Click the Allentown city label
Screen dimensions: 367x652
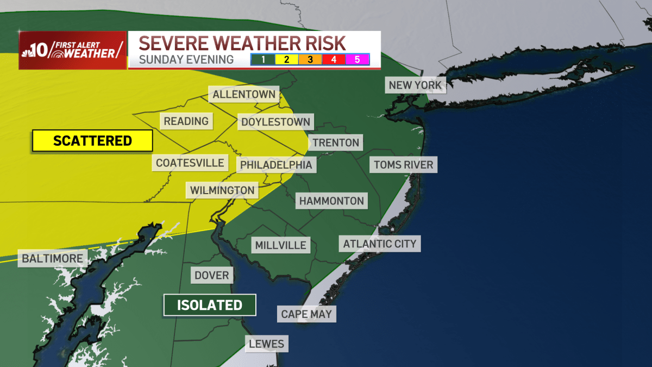[244, 95]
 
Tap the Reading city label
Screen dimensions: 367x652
[186, 121]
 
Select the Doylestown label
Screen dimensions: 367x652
[275, 122]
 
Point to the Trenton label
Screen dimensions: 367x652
[336, 143]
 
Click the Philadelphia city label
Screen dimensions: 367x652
[276, 164]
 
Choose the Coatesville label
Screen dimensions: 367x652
[190, 163]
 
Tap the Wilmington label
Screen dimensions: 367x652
[222, 190]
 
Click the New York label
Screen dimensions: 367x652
[416, 85]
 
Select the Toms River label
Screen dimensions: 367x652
[403, 164]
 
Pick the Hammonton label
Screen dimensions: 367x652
[331, 201]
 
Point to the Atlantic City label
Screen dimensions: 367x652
[379, 244]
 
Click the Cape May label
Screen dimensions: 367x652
[306, 314]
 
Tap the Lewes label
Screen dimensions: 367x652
[266, 344]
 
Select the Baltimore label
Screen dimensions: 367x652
[52, 258]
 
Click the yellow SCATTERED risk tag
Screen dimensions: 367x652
[92, 141]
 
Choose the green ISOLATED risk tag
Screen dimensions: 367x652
[210, 305]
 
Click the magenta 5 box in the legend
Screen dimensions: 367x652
[358, 59]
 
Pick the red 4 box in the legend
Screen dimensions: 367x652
[334, 59]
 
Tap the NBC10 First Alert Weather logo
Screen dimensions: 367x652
[72, 50]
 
